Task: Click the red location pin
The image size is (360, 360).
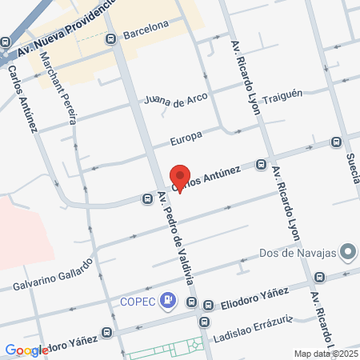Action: pos(180,178)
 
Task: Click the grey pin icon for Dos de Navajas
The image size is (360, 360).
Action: pos(347,254)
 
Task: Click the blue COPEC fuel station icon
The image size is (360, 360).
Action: pos(167,301)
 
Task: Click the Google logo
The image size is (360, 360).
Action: pos(26,350)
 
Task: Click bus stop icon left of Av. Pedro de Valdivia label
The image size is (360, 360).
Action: pos(147,198)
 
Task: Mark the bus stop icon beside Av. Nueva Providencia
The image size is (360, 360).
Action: pos(4,42)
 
